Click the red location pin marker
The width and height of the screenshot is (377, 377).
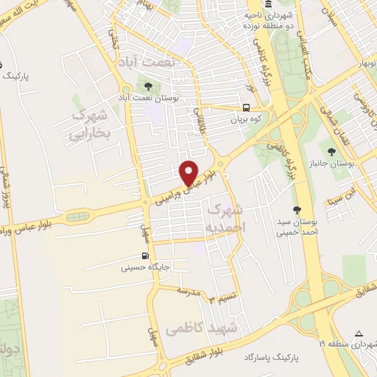[x=190, y=172]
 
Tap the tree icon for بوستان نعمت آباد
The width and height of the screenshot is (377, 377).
[x=149, y=86]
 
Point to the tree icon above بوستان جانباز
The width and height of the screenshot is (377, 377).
[x=333, y=150]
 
